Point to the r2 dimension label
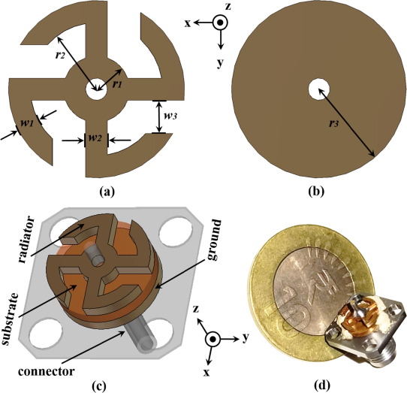pos(60,56)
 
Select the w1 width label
pos(27,123)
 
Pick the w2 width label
pos(95,138)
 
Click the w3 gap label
pos(170,116)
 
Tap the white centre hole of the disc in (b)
pos(319,90)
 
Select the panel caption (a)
pos(107,192)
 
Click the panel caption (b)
pos(316,192)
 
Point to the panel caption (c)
pos(99,385)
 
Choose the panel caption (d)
pos(322,385)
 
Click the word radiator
pos(26,240)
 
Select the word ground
pos(214,240)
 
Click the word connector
pos(47,371)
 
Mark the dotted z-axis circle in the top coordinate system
pos(220,23)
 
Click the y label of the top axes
pos(220,62)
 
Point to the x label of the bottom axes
pos(207,373)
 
